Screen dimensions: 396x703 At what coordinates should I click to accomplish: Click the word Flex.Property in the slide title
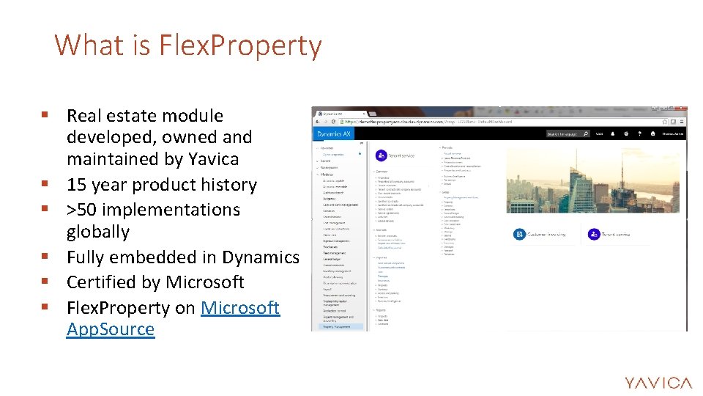[x=242, y=45]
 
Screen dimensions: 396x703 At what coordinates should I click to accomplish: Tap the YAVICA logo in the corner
[x=658, y=382]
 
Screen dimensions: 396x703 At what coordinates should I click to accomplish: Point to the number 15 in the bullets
[x=77, y=185]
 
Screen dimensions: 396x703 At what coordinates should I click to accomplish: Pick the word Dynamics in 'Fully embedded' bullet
[x=261, y=257]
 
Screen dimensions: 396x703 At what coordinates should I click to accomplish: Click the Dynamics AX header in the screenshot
[x=334, y=134]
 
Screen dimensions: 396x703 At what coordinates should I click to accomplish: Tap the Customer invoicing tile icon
[x=519, y=234]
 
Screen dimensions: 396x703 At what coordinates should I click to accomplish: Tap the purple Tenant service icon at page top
[x=381, y=155]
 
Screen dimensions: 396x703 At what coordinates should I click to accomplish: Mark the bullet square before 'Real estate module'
[x=45, y=115]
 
